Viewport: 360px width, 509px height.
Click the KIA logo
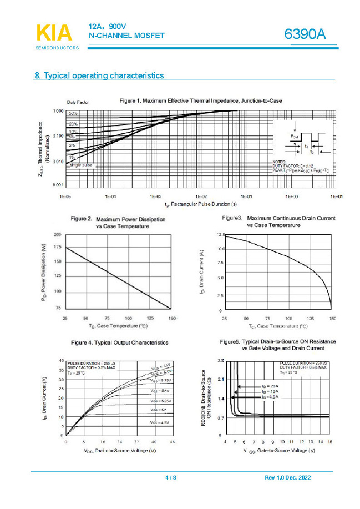54,33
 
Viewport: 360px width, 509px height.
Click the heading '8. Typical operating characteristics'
99,75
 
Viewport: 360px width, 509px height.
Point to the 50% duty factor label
72,113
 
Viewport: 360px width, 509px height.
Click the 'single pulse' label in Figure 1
80,165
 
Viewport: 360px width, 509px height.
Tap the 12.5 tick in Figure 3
220,235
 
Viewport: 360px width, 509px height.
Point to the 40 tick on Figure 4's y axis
60,361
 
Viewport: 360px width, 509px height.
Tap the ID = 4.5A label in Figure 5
270,397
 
